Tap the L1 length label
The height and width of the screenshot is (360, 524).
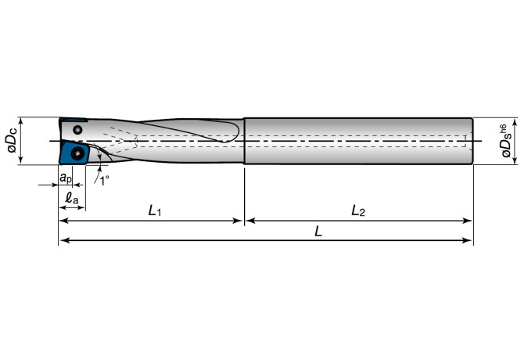coord(154,211)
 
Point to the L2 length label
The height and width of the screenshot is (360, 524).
coord(358,211)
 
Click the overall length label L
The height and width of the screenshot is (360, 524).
coord(318,231)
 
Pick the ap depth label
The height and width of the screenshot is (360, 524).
coord(66,178)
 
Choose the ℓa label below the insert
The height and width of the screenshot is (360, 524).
coord(71,198)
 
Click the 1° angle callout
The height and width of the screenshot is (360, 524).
coord(104,181)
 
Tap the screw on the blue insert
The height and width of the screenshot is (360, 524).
coord(78,153)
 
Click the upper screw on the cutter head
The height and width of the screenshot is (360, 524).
coord(77,129)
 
